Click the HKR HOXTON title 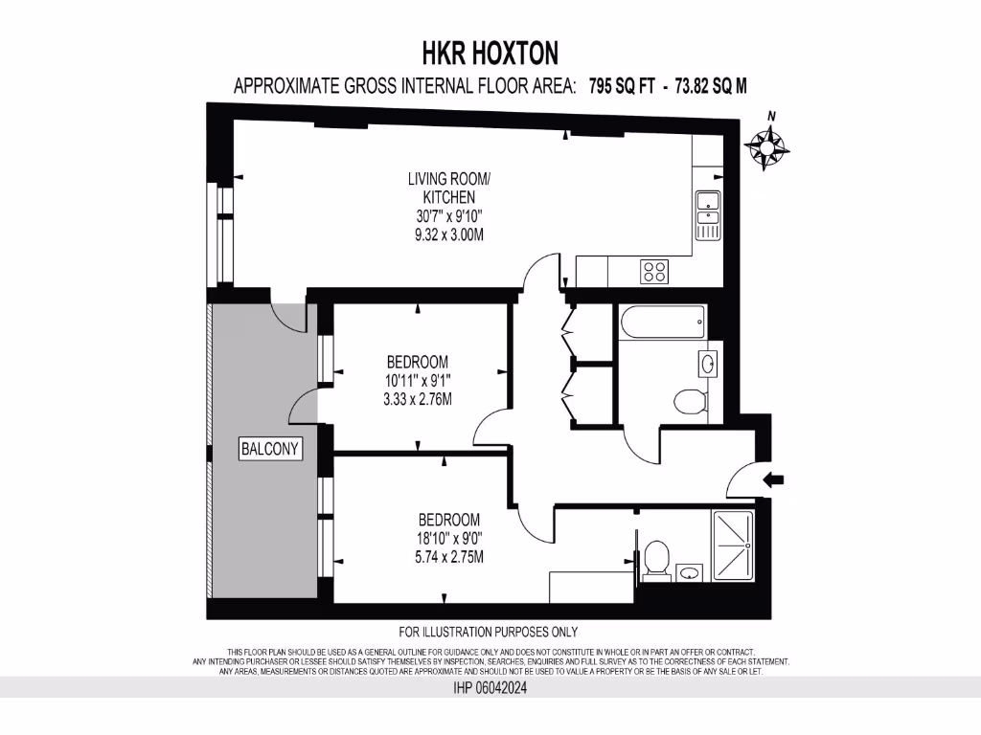[x=490, y=52]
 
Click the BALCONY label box [x=271, y=448]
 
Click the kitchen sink [x=708, y=215]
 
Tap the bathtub [x=663, y=323]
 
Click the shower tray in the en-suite [x=733, y=546]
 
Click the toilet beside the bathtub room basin [x=689, y=400]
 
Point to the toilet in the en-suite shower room [x=656, y=558]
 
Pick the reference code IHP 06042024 [x=490, y=687]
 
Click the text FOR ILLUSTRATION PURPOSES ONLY [x=489, y=632]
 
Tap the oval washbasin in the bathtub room [x=707, y=364]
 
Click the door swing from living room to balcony [x=288, y=313]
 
